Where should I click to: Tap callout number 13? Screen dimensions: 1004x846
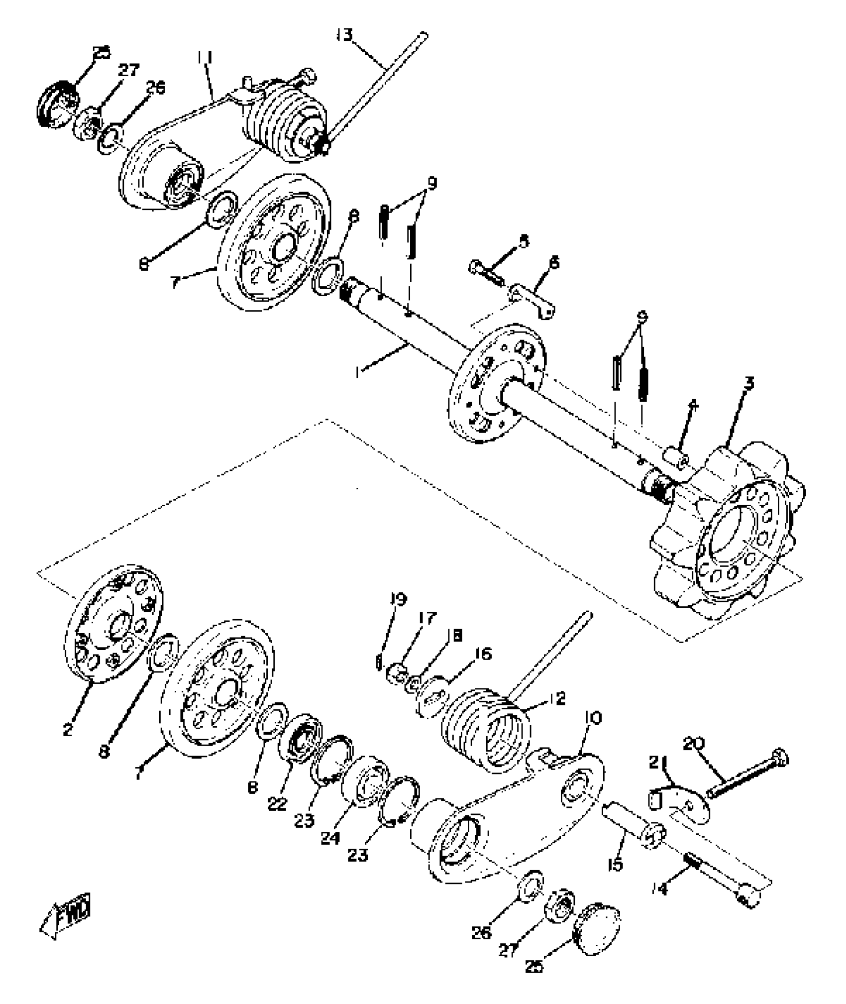tap(344, 36)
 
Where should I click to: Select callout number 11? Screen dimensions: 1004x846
tap(204, 58)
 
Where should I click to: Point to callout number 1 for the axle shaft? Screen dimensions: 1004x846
tap(357, 371)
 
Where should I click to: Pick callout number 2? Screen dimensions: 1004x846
tap(68, 730)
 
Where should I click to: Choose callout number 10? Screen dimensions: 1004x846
tap(593, 717)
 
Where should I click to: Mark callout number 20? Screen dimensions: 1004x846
tap(695, 744)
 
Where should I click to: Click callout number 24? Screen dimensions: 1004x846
tap(330, 838)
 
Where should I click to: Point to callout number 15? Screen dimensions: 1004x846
tap(616, 865)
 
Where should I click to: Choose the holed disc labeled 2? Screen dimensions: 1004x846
tap(114, 623)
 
